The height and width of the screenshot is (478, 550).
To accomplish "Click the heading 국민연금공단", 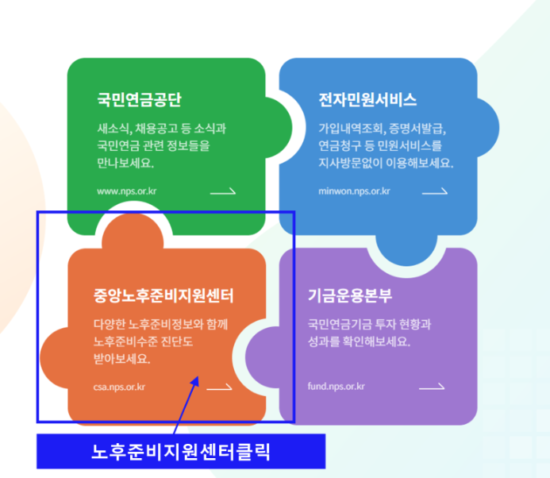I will coord(139,100).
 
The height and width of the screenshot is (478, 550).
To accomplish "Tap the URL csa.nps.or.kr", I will coord(119,387).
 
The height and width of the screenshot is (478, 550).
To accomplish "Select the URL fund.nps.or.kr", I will coord(336,387).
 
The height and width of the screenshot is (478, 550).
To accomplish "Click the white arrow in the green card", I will coord(223,191).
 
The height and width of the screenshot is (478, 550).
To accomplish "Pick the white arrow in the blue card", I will coord(435,191).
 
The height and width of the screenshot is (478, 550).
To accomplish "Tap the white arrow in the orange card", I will coord(220,387).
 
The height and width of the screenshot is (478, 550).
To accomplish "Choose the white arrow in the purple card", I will coord(432,387).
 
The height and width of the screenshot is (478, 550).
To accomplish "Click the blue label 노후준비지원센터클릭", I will coord(180,452).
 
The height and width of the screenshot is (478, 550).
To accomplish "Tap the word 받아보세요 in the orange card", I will coord(121,359).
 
